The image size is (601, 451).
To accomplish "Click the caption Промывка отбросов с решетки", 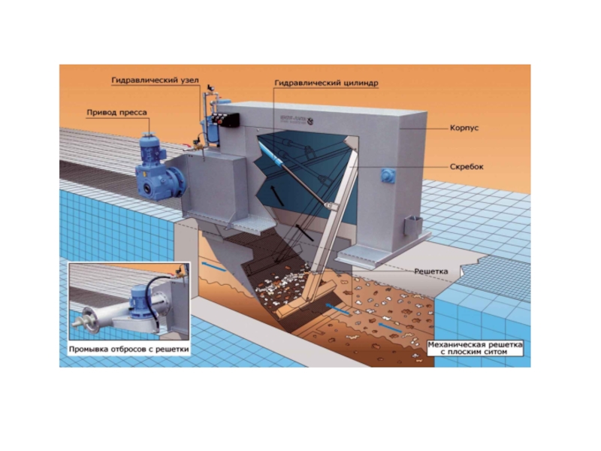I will (128, 350).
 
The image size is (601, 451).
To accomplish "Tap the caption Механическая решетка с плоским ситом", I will (474, 347).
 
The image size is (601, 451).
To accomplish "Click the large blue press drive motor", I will (156, 166).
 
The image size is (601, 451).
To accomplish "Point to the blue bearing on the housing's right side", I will (388, 176).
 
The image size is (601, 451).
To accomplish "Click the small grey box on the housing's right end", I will (412, 225).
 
